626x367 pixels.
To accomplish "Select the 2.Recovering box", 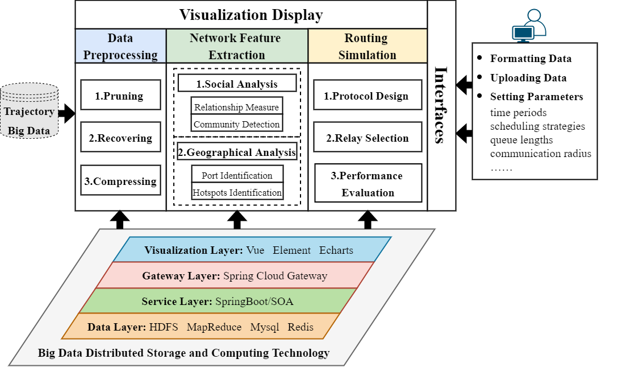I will [120, 137].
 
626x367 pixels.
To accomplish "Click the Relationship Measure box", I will [236, 106].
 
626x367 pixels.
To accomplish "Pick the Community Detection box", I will [236, 123].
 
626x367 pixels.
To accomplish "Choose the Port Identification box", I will [236, 175].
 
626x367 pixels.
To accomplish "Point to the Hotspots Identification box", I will [236, 192].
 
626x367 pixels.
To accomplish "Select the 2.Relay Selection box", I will [367, 137].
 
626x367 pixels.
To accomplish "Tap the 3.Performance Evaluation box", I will [367, 183].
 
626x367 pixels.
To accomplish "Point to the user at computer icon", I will [528, 26].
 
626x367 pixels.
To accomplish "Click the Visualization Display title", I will [251, 15].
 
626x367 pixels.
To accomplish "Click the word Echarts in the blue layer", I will [336, 250].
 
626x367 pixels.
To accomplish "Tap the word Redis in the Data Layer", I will [301, 327].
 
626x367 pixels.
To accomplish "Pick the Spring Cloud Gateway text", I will [275, 276].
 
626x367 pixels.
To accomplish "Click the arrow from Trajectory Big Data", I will [66, 112].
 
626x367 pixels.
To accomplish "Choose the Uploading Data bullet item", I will [528, 78].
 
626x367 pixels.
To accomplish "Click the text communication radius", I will [540, 154].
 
